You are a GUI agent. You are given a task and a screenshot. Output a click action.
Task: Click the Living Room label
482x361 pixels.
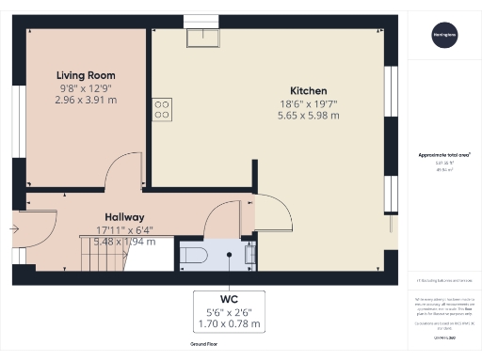pos(86,74)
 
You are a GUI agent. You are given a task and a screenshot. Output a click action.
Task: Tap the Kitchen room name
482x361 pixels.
pos(309,90)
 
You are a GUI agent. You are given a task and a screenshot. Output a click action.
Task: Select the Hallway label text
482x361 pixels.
pos(124,215)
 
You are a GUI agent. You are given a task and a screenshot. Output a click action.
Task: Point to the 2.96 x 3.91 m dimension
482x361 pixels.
pos(86,99)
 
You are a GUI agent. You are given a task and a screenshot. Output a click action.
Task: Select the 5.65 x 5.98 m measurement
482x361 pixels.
pos(309,116)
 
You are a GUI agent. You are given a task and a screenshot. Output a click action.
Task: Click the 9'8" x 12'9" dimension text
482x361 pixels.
pos(86,86)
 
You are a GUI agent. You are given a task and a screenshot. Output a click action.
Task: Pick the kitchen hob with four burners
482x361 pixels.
pos(162,110)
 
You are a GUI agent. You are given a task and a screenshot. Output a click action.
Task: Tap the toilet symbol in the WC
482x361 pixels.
pos(193,255)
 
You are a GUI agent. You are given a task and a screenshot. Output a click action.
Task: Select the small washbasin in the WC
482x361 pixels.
pos(249,252)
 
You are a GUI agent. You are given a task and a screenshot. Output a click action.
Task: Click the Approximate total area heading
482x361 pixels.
pos(441,155)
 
